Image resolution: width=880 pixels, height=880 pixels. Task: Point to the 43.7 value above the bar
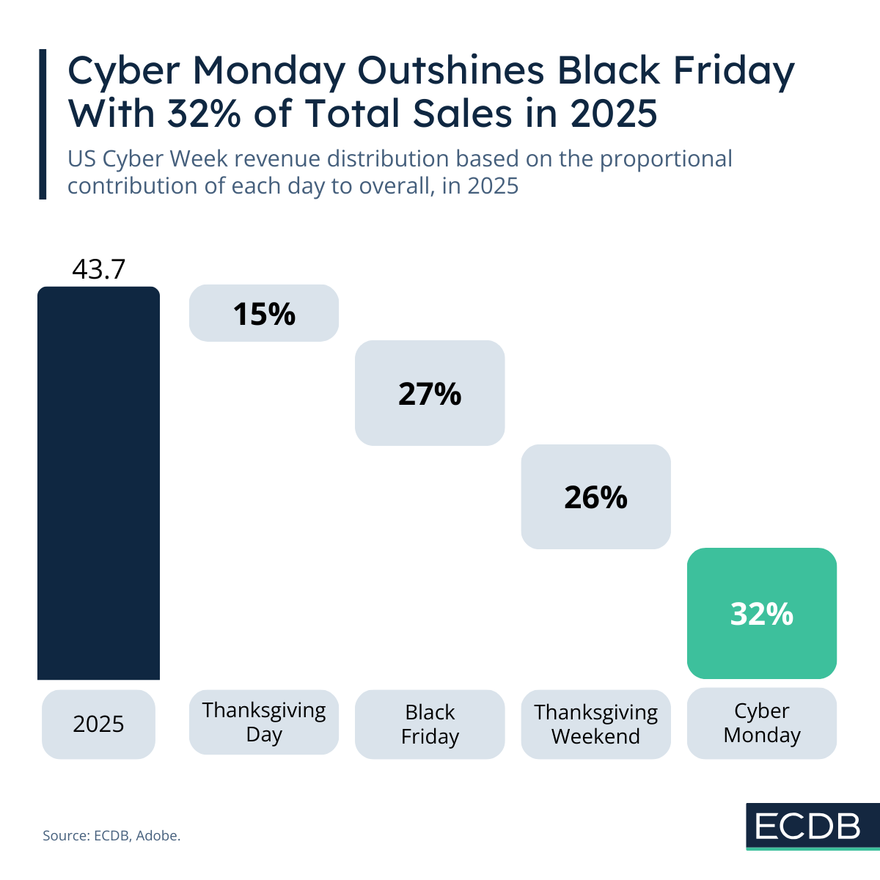[98, 270]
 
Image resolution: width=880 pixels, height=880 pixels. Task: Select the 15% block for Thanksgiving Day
[264, 313]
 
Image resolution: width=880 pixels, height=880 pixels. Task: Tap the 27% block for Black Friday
[430, 393]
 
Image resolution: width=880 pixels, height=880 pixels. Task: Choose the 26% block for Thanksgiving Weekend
[595, 496]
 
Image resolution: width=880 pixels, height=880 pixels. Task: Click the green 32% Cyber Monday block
[761, 613]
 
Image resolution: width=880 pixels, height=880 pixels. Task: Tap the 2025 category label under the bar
[98, 724]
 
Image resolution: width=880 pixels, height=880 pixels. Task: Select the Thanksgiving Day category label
[264, 722]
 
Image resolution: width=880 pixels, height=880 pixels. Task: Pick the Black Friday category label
[430, 724]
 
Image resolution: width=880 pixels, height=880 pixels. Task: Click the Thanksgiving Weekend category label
[595, 724]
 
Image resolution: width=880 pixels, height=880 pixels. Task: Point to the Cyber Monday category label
[761, 723]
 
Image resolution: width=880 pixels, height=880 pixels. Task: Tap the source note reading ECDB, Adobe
[111, 835]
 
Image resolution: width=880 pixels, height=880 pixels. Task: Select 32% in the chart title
[206, 114]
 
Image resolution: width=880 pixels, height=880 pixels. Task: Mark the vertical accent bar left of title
[42, 124]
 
